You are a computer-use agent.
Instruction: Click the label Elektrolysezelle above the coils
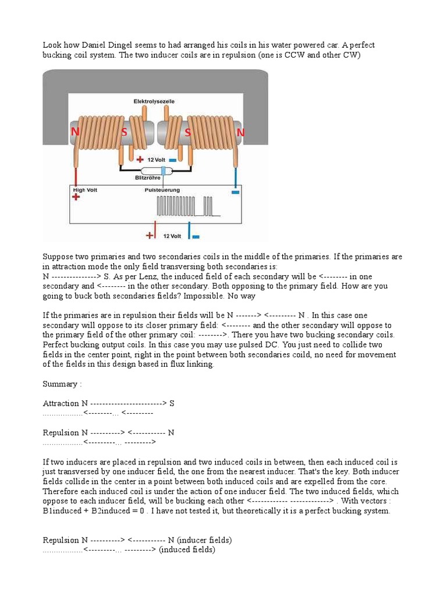pyautogui.click(x=154, y=101)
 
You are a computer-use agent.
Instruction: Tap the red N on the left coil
pyautogui.click(x=75, y=132)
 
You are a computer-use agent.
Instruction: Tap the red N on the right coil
pyautogui.click(x=240, y=133)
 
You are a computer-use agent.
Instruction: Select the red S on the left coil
pyautogui.click(x=124, y=133)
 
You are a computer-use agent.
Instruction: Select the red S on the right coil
pyautogui.click(x=187, y=133)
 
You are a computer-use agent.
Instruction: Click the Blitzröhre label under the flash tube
pyautogui.click(x=147, y=178)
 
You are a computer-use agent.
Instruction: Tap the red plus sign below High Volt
pyautogui.click(x=76, y=198)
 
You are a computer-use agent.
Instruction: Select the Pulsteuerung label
pyautogui.click(x=162, y=190)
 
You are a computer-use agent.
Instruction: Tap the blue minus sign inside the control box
pyautogui.click(x=235, y=191)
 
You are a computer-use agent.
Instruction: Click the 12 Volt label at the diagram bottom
pyautogui.click(x=172, y=236)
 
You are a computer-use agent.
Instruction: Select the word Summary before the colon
pyautogui.click(x=59, y=384)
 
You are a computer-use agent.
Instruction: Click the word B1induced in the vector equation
pyautogui.click(x=62, y=510)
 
